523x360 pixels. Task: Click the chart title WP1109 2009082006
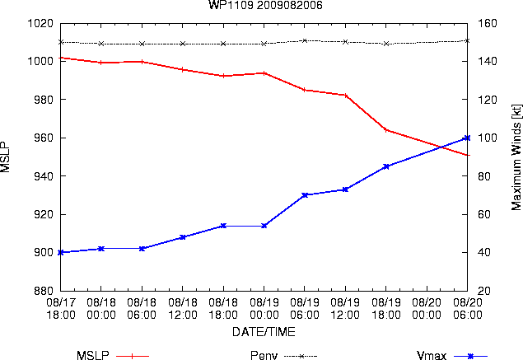(265, 5)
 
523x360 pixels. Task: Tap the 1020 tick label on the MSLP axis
(40, 23)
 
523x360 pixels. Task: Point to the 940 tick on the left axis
(44, 176)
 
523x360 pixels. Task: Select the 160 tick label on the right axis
(488, 23)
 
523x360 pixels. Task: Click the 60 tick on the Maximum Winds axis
(484, 214)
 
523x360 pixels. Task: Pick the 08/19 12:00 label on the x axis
(345, 309)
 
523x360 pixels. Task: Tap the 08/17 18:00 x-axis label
(61, 309)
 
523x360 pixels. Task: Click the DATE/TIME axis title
(264, 332)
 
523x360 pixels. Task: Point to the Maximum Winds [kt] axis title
(516, 157)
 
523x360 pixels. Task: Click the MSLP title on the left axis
(5, 157)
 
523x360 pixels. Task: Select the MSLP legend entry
(113, 355)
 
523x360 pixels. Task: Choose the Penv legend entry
(283, 355)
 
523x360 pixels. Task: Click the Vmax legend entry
(452, 355)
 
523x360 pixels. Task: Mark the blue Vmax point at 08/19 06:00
(305, 195)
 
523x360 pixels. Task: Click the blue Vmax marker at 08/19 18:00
(386, 166)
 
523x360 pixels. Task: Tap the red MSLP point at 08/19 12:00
(346, 96)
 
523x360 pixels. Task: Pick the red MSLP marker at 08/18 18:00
(223, 76)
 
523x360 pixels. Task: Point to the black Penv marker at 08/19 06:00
(305, 40)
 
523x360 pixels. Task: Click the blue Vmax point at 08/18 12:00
(183, 237)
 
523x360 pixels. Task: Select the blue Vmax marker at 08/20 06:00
(467, 138)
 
